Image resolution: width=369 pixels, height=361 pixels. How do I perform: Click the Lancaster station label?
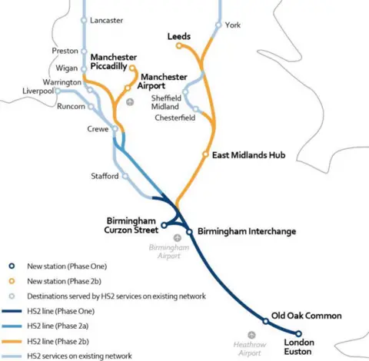click(106, 21)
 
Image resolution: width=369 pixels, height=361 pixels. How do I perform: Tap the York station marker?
click(219, 25)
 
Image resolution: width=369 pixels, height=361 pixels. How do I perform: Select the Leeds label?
click(179, 36)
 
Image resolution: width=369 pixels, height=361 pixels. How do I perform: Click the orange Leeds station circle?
click(179, 46)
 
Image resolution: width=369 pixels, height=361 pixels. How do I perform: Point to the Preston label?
click(65, 51)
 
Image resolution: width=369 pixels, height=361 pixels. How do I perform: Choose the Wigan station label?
click(67, 68)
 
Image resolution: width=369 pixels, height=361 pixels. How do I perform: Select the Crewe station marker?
click(115, 130)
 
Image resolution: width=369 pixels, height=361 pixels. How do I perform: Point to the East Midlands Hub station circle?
click(205, 154)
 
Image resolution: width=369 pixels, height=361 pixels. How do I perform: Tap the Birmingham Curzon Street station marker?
click(164, 225)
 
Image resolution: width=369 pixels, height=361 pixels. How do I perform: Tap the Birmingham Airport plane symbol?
click(178, 238)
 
